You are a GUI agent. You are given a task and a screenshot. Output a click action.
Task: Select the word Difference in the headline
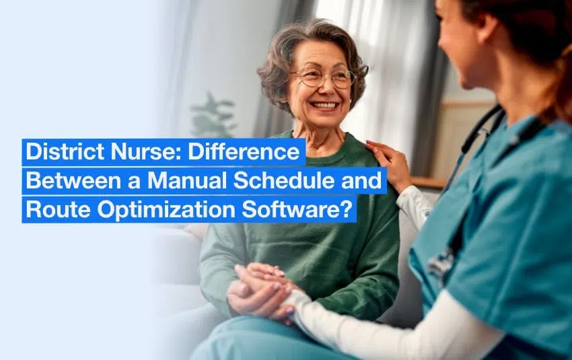pos(244,152)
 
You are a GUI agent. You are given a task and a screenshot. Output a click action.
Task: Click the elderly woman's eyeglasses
pos(324,77)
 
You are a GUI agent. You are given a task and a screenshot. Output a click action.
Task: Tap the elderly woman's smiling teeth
pos(324,105)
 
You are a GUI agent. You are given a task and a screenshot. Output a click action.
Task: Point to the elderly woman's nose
pos(328,88)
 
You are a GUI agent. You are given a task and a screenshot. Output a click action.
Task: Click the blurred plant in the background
pos(214,116)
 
